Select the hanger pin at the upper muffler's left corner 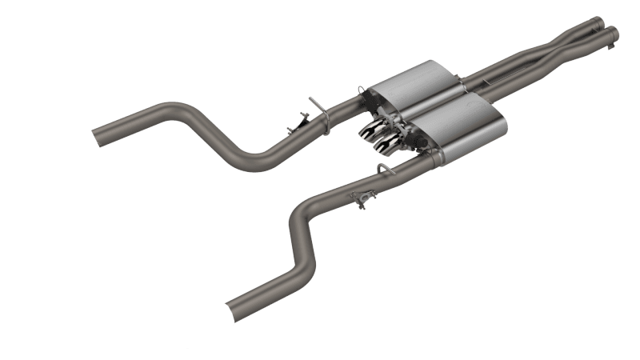pos(364,94)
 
